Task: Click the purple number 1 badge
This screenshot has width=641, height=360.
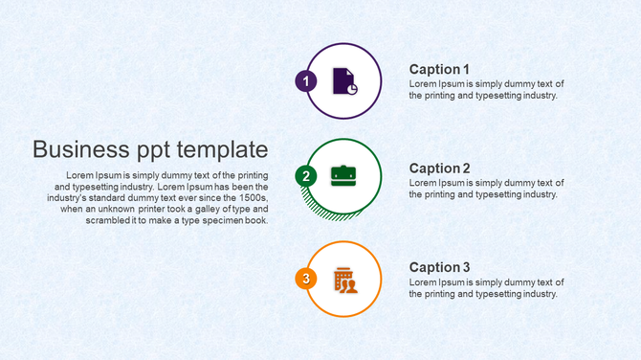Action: tap(306, 81)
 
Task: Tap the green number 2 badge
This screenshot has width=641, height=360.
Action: tap(306, 176)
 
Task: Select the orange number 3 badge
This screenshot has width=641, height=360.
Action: tap(306, 279)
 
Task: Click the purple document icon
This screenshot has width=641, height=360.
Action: tap(344, 81)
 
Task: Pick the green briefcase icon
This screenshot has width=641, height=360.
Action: tap(343, 175)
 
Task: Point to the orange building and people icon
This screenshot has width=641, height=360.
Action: tap(344, 280)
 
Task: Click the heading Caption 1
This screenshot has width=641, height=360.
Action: tap(439, 69)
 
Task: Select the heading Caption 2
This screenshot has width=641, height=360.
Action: tap(439, 169)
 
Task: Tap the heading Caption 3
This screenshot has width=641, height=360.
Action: tap(439, 267)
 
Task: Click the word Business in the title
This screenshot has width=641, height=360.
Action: tap(80, 149)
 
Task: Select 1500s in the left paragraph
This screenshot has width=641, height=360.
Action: tap(251, 197)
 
